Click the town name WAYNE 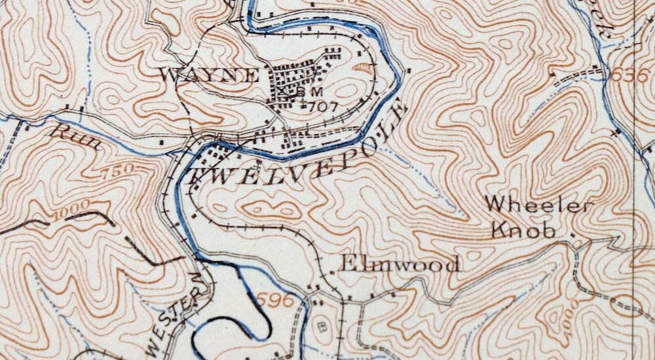[x=209, y=75]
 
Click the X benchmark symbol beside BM [x=283, y=93]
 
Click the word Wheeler [x=539, y=206]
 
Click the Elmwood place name [x=399, y=264]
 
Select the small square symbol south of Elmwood [x=320, y=325]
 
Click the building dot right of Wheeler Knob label [x=574, y=234]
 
